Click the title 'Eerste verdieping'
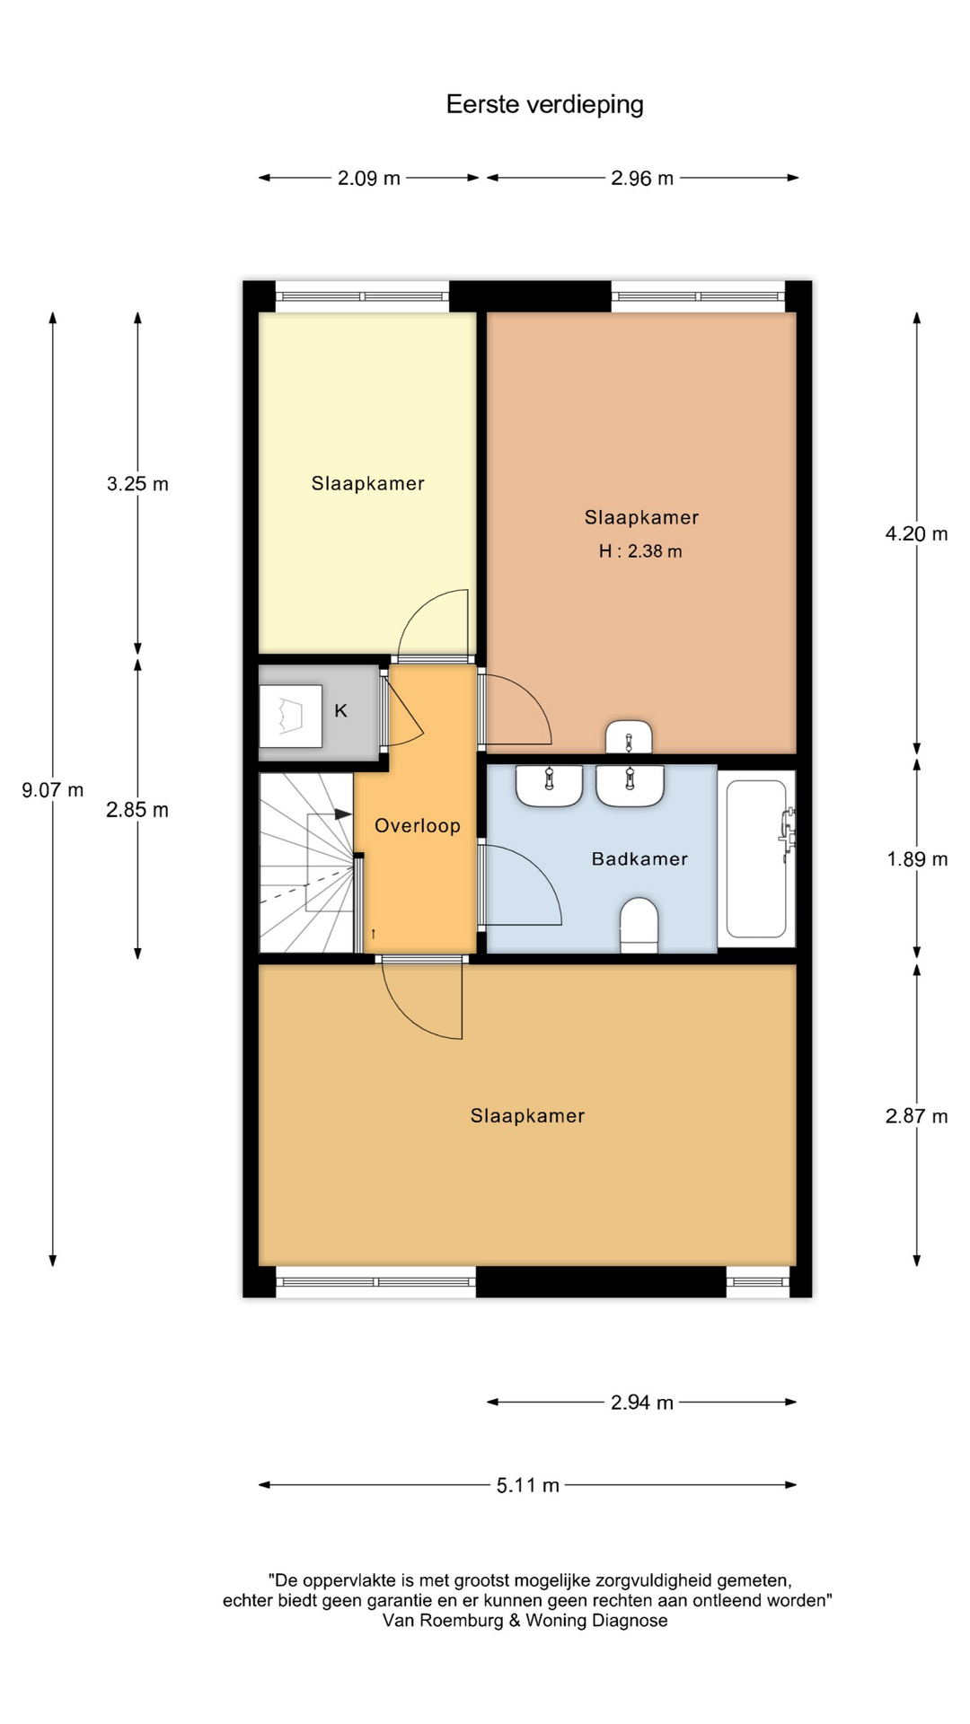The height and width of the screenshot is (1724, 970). point(544,105)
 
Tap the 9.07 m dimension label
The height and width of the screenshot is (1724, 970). point(53,790)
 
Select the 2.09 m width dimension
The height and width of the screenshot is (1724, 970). point(369,178)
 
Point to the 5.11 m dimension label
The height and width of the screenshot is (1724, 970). point(528,1485)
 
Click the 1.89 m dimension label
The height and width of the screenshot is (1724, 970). point(917,859)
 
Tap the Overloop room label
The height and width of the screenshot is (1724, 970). point(418,826)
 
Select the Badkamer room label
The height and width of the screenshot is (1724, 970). point(639,859)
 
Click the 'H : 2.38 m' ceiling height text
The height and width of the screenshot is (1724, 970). point(640,551)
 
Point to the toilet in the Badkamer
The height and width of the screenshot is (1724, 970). point(639,924)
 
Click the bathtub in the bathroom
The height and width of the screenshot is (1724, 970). point(756,858)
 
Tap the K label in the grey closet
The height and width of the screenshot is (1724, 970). point(340,711)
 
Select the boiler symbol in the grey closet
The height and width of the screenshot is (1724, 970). point(290,717)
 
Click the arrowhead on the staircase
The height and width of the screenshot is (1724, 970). point(343,814)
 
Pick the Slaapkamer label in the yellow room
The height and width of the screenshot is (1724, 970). point(368,484)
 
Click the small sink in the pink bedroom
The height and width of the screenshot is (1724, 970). point(629,736)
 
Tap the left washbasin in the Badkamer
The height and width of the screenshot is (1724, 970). point(549,786)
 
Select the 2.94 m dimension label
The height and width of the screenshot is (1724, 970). point(642,1403)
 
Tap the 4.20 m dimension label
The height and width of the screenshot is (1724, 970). point(917,534)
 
